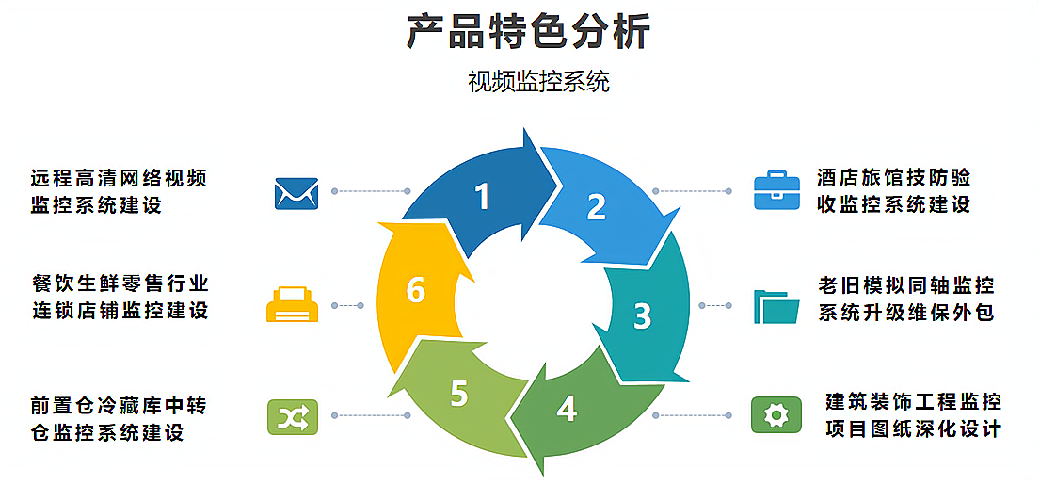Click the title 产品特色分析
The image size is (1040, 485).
click(x=528, y=32)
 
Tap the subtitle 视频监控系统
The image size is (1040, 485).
click(x=538, y=82)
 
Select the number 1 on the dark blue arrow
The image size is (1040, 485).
click(x=482, y=196)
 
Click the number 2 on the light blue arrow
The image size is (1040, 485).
click(x=596, y=207)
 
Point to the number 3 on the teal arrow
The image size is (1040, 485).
click(x=642, y=315)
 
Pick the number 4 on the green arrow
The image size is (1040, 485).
click(x=566, y=409)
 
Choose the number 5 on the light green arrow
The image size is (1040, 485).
click(x=458, y=394)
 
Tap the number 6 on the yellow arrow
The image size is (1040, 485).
click(x=415, y=291)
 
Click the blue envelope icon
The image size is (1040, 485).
click(x=296, y=193)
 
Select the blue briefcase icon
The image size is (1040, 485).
click(x=776, y=190)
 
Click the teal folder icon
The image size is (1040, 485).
click(x=776, y=306)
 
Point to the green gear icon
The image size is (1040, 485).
click(x=776, y=414)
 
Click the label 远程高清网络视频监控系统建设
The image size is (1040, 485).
click(x=119, y=191)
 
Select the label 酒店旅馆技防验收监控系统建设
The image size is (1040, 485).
click(x=893, y=190)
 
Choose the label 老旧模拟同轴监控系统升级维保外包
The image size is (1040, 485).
click(x=905, y=299)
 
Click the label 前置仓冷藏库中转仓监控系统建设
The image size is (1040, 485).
click(x=118, y=419)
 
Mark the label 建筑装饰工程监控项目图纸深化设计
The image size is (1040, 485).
click(x=912, y=415)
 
